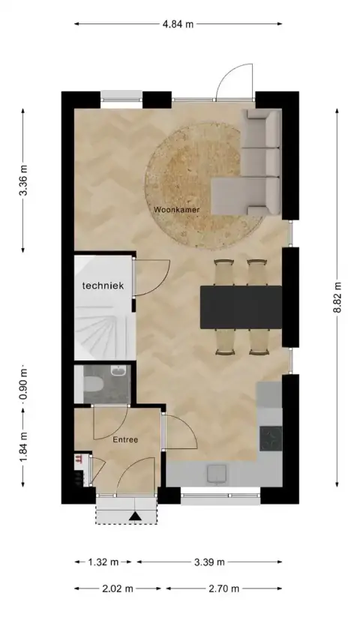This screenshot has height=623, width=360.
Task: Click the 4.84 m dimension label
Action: (x=178, y=24)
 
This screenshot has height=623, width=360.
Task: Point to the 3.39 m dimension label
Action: (x=209, y=562)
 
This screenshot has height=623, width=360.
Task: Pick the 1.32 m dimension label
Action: (x=104, y=562)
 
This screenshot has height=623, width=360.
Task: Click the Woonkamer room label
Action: (x=176, y=211)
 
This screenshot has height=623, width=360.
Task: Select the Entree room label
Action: (x=125, y=440)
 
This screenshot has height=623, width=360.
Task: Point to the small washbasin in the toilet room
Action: (x=118, y=370)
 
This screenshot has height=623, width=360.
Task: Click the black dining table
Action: (x=241, y=307)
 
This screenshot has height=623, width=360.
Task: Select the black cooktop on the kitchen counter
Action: (x=271, y=437)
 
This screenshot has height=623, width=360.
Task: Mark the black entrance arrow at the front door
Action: (x=134, y=516)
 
